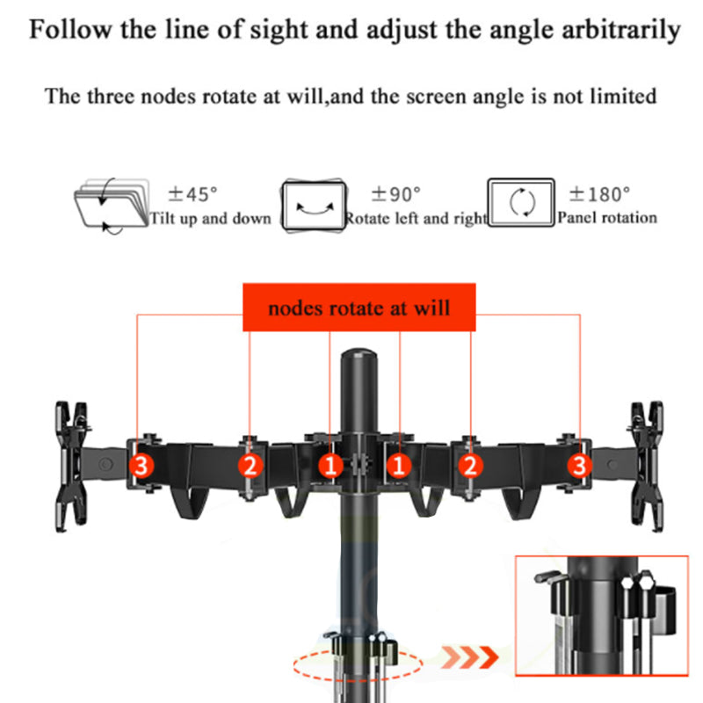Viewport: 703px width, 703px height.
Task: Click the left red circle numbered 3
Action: tap(141, 466)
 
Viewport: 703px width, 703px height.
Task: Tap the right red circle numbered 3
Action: tap(579, 466)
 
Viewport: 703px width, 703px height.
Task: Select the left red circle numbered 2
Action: tap(250, 466)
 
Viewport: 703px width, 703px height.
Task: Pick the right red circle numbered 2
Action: tap(470, 466)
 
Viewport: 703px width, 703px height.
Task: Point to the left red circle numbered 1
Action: tap(330, 466)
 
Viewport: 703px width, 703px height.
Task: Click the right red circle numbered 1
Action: tap(399, 466)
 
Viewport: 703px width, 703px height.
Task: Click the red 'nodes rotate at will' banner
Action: tap(359, 308)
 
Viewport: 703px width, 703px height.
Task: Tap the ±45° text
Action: tap(192, 194)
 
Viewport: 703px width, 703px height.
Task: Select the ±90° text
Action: tap(396, 194)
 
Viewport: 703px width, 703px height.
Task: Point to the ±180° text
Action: tap(599, 194)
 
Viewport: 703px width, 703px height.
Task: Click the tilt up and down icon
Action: tap(112, 206)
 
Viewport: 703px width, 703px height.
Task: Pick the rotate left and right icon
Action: tap(314, 206)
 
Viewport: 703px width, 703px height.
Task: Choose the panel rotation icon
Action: tap(521, 203)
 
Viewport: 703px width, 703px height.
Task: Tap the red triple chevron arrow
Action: tap(470, 656)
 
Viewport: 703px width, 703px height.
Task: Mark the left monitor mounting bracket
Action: tap(72, 467)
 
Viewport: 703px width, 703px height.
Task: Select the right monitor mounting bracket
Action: tap(647, 467)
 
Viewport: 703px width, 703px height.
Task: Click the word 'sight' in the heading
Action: tap(281, 30)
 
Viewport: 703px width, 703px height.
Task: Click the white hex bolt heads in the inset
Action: tap(638, 582)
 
